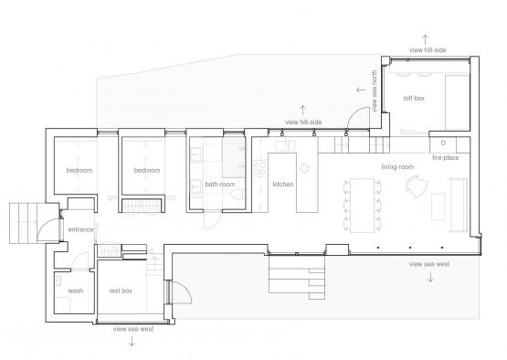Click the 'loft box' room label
pyautogui.click(x=414, y=98)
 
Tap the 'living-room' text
pyautogui.click(x=397, y=167)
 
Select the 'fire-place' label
pyautogui.click(x=445, y=157)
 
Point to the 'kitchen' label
pyautogui.click(x=283, y=184)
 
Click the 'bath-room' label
pyautogui.click(x=220, y=184)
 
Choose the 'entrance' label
pyautogui.click(x=80, y=229)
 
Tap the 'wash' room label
pyautogui.click(x=75, y=291)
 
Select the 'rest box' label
pyautogui.click(x=121, y=291)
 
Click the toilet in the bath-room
pyautogui.click(x=238, y=194)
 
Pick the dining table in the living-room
pyautogui.click(x=362, y=205)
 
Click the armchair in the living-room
pyautogui.click(x=417, y=186)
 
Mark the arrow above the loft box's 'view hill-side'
pyautogui.click(x=425, y=39)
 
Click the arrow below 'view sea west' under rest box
pyautogui.click(x=132, y=341)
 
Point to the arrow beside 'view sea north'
pyautogui.click(x=361, y=90)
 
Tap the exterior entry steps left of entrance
pyautogui.click(x=23, y=223)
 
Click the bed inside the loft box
pyautogui.click(x=457, y=102)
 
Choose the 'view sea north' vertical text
pyautogui.click(x=375, y=91)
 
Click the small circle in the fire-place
pyautogui.click(x=443, y=143)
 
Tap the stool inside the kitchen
pyautogui.click(x=304, y=168)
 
